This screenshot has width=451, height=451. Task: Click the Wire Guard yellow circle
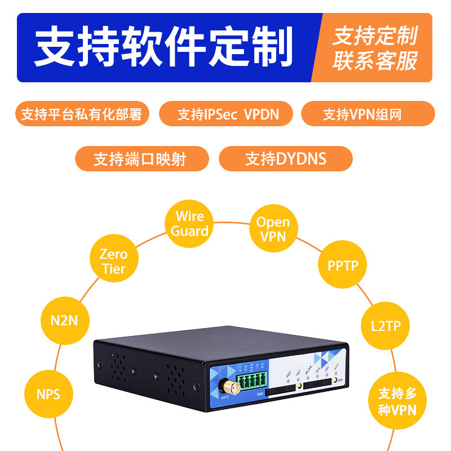(190, 223)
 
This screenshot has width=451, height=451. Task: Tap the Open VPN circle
(273, 229)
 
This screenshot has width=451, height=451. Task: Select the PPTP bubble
(343, 265)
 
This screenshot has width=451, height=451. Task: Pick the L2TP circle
(385, 326)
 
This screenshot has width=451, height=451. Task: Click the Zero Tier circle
(113, 262)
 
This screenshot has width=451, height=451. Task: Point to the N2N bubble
(64, 321)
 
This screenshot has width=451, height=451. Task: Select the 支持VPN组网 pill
(368, 114)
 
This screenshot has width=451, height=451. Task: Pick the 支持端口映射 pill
(142, 158)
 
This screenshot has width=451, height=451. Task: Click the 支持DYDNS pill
(285, 158)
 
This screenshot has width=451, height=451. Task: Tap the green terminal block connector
(253, 381)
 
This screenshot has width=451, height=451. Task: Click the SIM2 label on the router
(259, 394)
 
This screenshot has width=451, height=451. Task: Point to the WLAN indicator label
(308, 372)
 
